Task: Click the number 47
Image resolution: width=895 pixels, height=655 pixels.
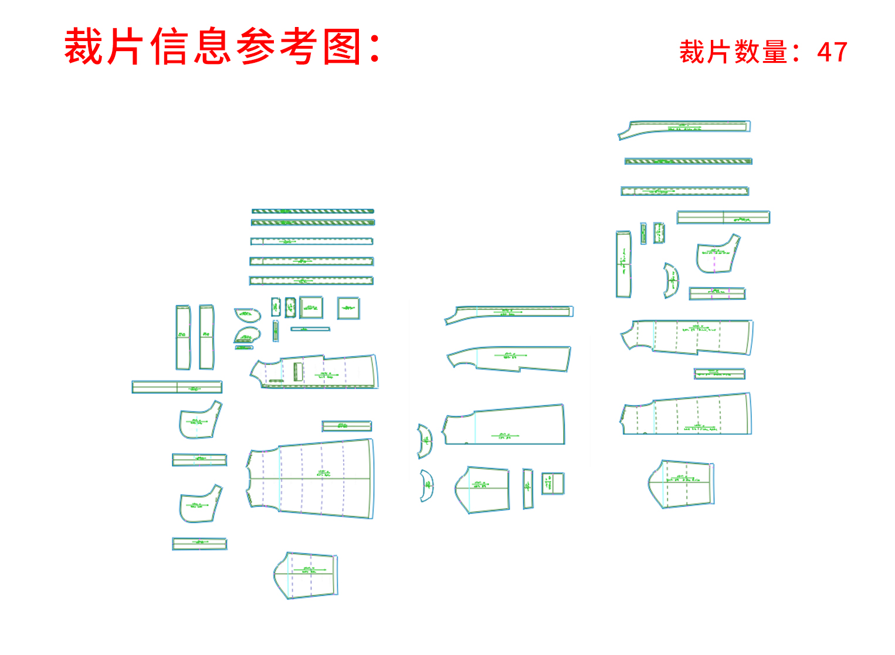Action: coord(832,52)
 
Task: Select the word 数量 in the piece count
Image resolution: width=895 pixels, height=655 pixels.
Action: coord(760,52)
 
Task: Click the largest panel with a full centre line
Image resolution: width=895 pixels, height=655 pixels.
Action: coord(311,478)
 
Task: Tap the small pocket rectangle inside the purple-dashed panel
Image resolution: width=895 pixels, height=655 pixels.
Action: coord(298,372)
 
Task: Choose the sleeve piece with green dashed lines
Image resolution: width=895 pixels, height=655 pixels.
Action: coord(682,484)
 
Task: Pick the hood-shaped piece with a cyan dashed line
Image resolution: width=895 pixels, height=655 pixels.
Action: coord(200,420)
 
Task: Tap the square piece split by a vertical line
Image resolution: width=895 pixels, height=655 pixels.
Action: coord(552,484)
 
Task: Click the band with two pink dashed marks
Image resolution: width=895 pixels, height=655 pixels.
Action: coord(717,293)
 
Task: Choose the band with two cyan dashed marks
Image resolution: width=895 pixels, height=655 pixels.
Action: coord(199,460)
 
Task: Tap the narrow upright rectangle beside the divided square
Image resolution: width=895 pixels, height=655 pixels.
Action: coord(528,488)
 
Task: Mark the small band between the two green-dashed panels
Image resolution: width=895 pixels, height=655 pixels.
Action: coord(719,374)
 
